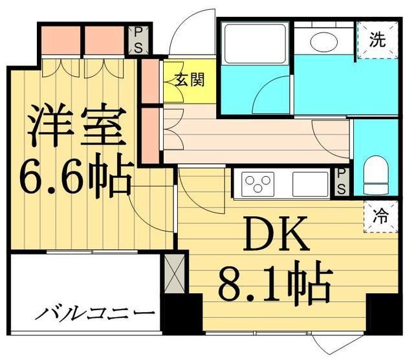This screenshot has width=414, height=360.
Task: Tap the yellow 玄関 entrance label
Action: [189, 80]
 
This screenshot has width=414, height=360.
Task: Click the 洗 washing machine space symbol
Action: [377, 40]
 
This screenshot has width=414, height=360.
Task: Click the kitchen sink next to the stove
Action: [310, 183]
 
